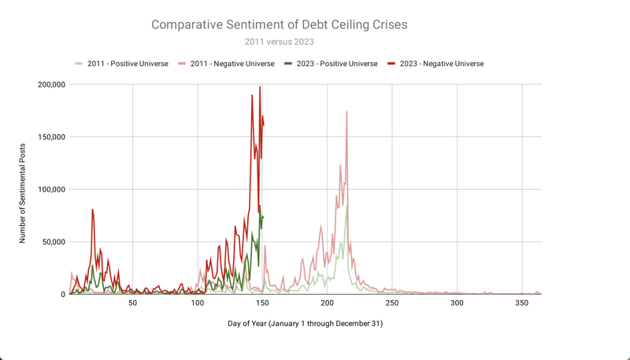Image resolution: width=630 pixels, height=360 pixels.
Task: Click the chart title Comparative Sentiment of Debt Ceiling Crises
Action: point(279,25)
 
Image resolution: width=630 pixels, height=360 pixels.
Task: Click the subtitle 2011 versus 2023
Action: point(279,42)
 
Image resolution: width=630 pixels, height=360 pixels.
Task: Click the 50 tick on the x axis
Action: point(133,303)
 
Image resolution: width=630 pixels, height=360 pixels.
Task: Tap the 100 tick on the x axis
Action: point(198,303)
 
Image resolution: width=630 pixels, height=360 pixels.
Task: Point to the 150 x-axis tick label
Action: point(262,303)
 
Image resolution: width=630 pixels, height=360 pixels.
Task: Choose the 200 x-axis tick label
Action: point(327,303)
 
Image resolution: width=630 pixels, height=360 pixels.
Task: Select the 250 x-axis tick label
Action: point(391,303)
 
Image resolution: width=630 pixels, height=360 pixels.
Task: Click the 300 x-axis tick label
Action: point(456,303)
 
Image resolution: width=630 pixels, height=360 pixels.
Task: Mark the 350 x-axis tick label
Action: point(521,303)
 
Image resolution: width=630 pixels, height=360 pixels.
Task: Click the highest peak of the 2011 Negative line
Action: point(346,113)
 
